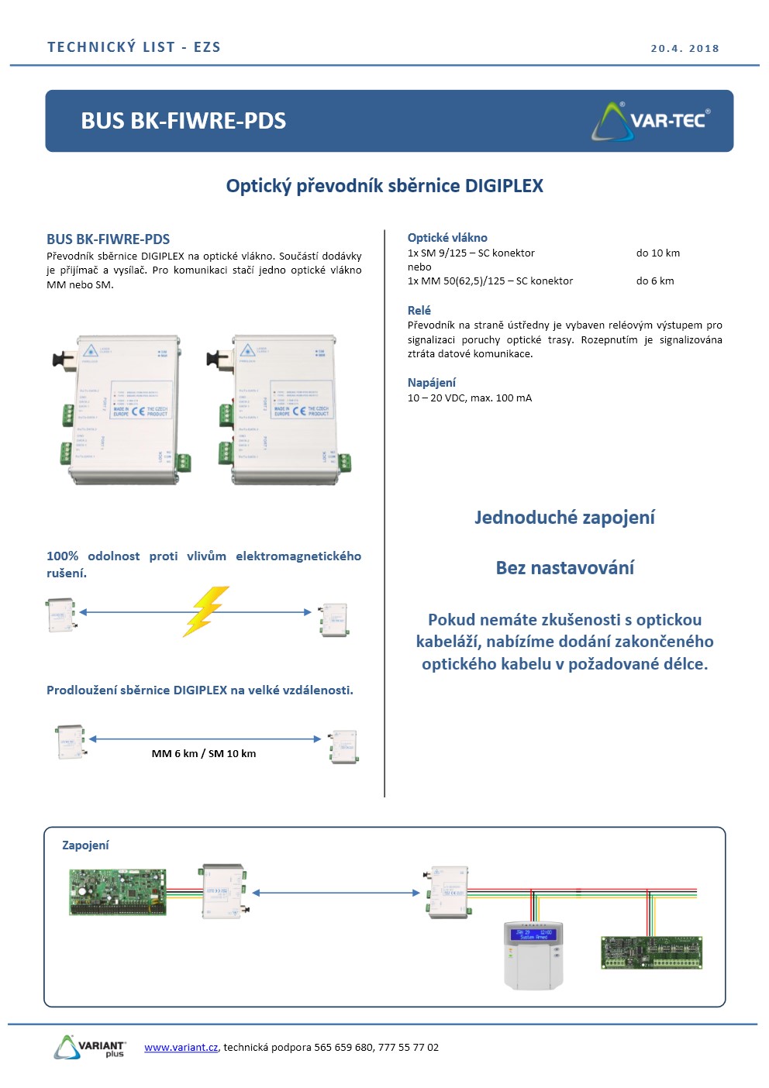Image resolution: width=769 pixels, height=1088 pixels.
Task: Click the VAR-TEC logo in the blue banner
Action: point(651,121)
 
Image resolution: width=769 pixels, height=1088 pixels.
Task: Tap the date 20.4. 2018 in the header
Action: point(685,48)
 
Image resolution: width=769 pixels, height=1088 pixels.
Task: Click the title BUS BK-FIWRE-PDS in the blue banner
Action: point(183,121)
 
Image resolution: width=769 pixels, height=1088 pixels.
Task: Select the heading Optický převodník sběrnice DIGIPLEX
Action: point(384,186)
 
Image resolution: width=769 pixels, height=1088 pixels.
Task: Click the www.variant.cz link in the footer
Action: point(181,1047)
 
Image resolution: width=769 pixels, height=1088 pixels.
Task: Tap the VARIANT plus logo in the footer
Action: point(90,1046)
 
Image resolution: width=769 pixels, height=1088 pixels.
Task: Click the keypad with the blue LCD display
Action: point(533,955)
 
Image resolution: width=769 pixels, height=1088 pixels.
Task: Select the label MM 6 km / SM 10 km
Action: point(204,753)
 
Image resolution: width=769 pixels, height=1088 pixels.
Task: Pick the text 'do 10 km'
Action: point(657,253)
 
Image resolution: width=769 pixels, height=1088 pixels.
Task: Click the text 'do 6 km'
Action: point(655,281)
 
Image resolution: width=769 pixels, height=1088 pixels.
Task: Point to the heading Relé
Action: point(419,310)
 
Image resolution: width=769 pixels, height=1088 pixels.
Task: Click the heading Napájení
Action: point(432,382)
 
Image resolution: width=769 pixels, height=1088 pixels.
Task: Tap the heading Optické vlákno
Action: point(447,238)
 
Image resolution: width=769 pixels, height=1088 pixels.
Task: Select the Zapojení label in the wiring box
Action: point(85,845)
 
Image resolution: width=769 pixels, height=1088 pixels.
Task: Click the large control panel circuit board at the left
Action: point(118,891)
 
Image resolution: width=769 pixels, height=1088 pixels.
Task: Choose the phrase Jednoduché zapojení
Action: point(564,518)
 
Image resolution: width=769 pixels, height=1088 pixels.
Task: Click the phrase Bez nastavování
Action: point(564,568)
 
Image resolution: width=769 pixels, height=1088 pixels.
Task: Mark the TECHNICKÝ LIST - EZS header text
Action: point(134,47)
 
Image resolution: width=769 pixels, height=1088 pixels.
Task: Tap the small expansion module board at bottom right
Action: point(652,952)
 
